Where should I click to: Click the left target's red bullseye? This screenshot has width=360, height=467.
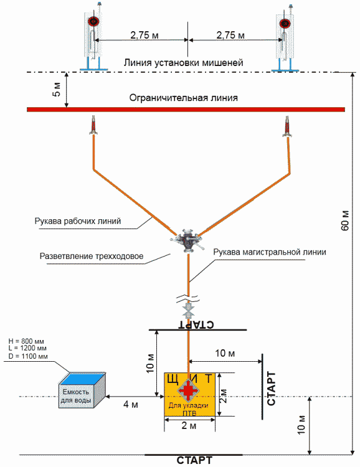click(x=93, y=21)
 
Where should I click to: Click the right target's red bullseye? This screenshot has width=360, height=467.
click(x=285, y=23)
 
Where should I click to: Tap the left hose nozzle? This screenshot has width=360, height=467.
click(x=93, y=125)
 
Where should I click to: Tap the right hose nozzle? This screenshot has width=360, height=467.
click(x=287, y=126)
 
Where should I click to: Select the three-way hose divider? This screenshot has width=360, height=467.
click(x=187, y=239)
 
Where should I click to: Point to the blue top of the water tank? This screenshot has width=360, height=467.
click(x=82, y=378)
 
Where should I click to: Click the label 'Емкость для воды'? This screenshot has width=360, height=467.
click(x=76, y=396)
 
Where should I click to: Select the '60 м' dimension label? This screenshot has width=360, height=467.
click(x=345, y=220)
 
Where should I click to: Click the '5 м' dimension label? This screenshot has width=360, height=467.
click(x=56, y=89)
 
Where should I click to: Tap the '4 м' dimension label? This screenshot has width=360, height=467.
click(x=131, y=405)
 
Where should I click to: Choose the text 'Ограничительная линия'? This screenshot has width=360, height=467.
click(x=184, y=98)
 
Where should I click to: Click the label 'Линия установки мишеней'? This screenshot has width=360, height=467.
click(x=184, y=63)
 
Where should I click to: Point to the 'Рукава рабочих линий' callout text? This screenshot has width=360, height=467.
click(x=78, y=221)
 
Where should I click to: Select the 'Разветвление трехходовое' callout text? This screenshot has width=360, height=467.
click(x=92, y=256)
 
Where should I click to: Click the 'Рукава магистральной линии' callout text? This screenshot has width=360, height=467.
click(x=270, y=252)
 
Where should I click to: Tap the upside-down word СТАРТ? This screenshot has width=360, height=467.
click(x=196, y=324)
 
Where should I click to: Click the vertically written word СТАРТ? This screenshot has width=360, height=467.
click(x=271, y=389)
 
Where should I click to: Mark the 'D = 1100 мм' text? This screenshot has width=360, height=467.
click(x=28, y=356)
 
